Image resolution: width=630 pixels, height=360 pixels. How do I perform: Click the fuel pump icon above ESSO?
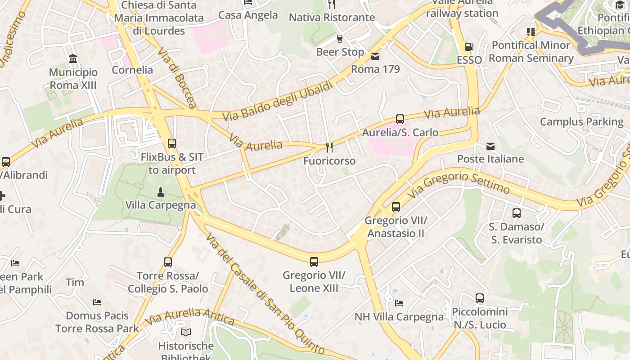click(x=469, y=47)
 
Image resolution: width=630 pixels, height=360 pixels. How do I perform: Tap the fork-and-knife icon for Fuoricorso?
click(x=329, y=147)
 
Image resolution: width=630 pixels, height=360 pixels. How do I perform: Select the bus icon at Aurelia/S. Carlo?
click(x=400, y=119)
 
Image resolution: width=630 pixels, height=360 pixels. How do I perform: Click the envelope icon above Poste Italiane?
click(x=490, y=146)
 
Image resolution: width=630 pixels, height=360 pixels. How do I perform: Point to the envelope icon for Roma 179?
click(x=375, y=56)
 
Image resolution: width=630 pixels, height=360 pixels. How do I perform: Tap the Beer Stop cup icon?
click(x=340, y=39)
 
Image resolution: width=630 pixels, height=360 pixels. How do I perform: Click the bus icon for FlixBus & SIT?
click(x=171, y=144)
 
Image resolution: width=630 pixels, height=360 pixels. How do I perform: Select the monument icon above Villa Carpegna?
click(x=161, y=192)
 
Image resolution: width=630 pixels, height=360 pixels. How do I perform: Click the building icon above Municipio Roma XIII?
click(x=73, y=59)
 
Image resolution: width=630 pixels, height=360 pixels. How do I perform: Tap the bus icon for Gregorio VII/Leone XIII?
click(x=314, y=261)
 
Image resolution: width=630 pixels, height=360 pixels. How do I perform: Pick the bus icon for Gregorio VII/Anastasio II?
click(x=396, y=207)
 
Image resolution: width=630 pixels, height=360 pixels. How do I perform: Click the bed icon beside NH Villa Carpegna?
click(x=399, y=303)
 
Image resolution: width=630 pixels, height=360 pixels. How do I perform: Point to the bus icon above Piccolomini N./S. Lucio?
click(x=480, y=298)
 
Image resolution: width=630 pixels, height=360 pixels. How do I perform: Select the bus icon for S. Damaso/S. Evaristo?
click(x=517, y=213)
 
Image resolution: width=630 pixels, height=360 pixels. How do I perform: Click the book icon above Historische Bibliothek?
click(x=186, y=333)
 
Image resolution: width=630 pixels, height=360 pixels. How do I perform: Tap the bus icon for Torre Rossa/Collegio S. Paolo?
click(x=167, y=262)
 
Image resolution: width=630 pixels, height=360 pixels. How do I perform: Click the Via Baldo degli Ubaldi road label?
click(x=277, y=101)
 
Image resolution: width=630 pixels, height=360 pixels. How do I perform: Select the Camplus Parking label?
click(x=581, y=121)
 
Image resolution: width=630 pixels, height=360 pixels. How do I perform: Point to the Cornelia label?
click(x=132, y=70)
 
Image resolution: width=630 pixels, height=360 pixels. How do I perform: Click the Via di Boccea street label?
click(x=177, y=77)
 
